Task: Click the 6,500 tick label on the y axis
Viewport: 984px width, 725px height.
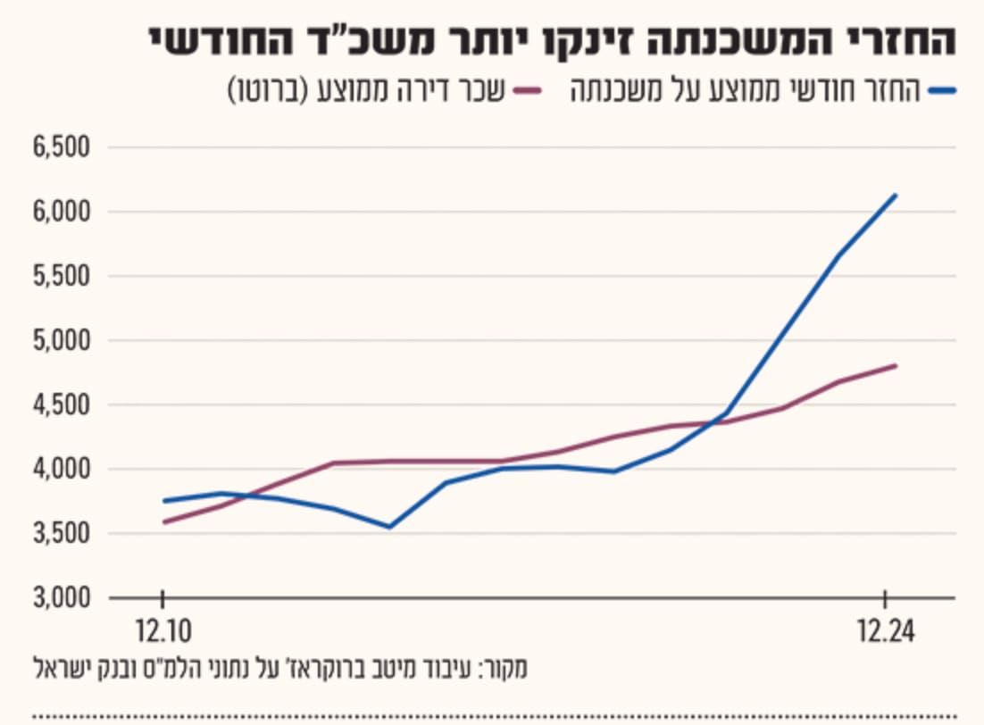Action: tap(62, 147)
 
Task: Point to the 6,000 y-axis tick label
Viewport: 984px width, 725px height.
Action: tap(62, 212)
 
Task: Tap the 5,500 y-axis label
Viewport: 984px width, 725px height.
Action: tap(62, 276)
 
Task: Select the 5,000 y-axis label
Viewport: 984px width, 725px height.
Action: tap(62, 340)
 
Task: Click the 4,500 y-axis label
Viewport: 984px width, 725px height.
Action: tap(62, 404)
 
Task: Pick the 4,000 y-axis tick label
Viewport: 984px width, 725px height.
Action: tap(62, 469)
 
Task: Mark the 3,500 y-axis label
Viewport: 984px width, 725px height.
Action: tap(62, 534)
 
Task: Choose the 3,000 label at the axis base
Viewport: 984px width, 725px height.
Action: tap(62, 597)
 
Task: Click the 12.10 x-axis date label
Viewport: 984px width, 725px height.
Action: tap(163, 631)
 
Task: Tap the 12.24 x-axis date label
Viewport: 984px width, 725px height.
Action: tap(886, 631)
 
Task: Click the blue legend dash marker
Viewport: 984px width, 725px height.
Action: tap(943, 91)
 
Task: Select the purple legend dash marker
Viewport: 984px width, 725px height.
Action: tap(527, 91)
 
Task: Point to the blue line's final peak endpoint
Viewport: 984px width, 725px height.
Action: tap(896, 196)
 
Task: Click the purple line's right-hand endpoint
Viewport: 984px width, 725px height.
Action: tap(896, 365)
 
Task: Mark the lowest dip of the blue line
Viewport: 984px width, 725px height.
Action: tap(389, 527)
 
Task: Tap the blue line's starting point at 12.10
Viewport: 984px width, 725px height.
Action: tap(163, 501)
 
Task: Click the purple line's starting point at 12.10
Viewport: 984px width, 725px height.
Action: tap(163, 522)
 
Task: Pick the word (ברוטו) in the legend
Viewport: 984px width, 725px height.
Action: tap(267, 91)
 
